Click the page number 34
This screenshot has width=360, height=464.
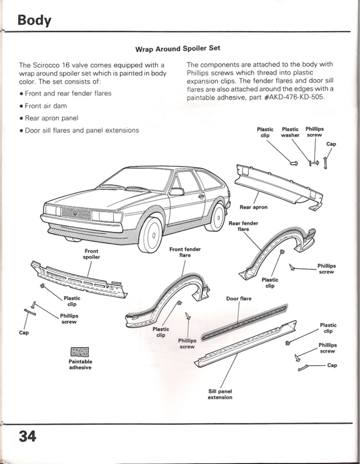click(x=27, y=437)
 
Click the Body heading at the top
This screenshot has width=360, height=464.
click(x=34, y=20)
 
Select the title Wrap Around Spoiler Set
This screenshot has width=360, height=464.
click(x=177, y=49)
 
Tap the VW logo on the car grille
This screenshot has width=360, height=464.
click(x=75, y=213)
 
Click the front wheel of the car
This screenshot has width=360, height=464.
click(x=151, y=235)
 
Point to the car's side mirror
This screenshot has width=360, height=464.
click(x=176, y=192)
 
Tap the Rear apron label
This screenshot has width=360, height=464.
click(x=253, y=208)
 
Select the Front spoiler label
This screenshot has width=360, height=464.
click(x=91, y=254)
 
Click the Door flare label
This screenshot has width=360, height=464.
click(x=239, y=299)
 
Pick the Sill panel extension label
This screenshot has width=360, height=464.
click(x=220, y=394)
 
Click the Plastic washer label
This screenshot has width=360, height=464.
click(x=290, y=132)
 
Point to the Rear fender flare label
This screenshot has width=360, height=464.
click(x=243, y=226)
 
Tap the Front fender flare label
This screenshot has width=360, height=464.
click(x=185, y=252)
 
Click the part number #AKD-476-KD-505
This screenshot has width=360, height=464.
click(x=294, y=98)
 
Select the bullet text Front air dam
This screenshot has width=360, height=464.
click(x=46, y=106)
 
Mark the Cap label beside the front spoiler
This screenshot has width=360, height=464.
click(x=24, y=333)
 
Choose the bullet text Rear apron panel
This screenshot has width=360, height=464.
click(x=51, y=118)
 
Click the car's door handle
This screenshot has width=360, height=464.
click(x=201, y=196)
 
